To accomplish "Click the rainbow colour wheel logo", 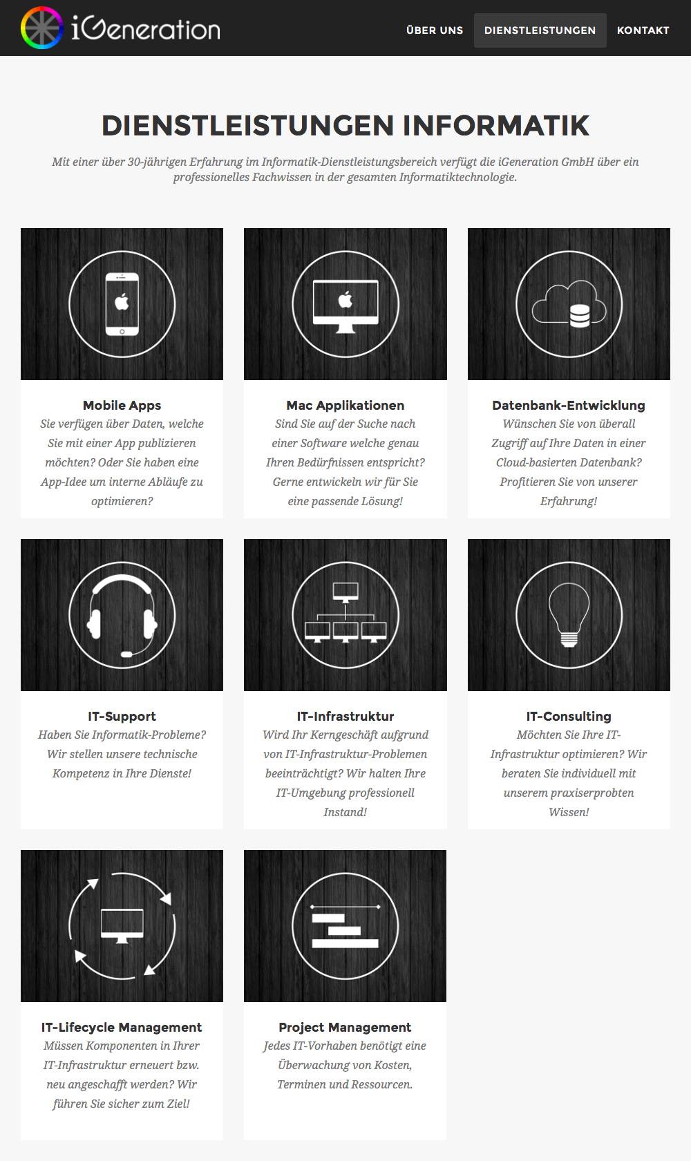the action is pos(41,28).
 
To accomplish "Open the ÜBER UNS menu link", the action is pos(435,30).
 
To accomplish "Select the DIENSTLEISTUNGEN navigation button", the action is pos(540,30).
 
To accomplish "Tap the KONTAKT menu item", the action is pos(643,30).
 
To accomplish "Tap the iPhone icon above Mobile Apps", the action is pos(122,304).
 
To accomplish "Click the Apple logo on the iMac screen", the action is pos(345,300).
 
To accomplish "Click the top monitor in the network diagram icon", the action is pos(345,592).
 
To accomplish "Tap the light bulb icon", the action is pos(569,615).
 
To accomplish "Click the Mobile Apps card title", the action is pos(122,405).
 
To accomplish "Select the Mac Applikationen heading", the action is pos(345,405).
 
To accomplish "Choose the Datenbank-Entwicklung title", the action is pos(569,405).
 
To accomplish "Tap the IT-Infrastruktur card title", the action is pos(345,716).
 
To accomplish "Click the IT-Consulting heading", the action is pos(569,716).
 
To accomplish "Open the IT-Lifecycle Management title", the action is pos(122,1027).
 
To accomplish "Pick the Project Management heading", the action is pos(345,1027).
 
